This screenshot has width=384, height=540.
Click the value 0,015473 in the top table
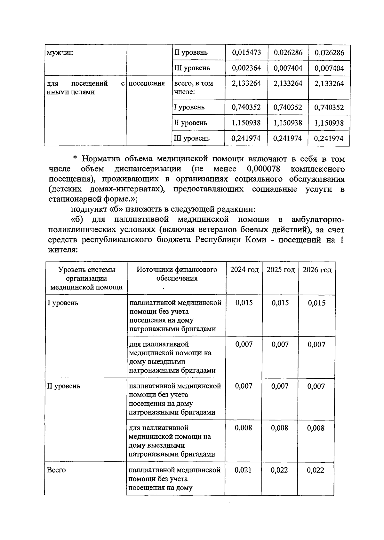[x=246, y=52]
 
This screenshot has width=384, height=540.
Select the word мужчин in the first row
[x=60, y=53]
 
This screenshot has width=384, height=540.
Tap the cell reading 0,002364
[x=246, y=68]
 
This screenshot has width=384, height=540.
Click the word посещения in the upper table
[x=147, y=83]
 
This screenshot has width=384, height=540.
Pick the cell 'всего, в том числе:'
[x=193, y=88]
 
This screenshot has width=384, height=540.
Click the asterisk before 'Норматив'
[x=75, y=158]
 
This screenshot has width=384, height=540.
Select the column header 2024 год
[x=244, y=270]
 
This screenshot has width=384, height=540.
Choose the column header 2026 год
[x=317, y=270]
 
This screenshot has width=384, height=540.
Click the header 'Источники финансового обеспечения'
[x=177, y=274]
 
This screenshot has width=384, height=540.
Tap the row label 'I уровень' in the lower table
[x=63, y=303]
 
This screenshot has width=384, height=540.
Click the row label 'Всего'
[x=56, y=470]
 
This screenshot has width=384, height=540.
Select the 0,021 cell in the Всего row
[x=243, y=470]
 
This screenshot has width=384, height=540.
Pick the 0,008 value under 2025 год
[x=279, y=428]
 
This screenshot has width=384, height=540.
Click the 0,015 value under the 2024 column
[x=244, y=303]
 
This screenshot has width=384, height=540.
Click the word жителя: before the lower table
[x=63, y=250]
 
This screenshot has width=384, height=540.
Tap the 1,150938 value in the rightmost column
[x=329, y=123]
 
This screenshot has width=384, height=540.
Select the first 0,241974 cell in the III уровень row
[x=246, y=138]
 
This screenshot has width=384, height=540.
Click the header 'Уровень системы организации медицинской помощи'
[x=87, y=278]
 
